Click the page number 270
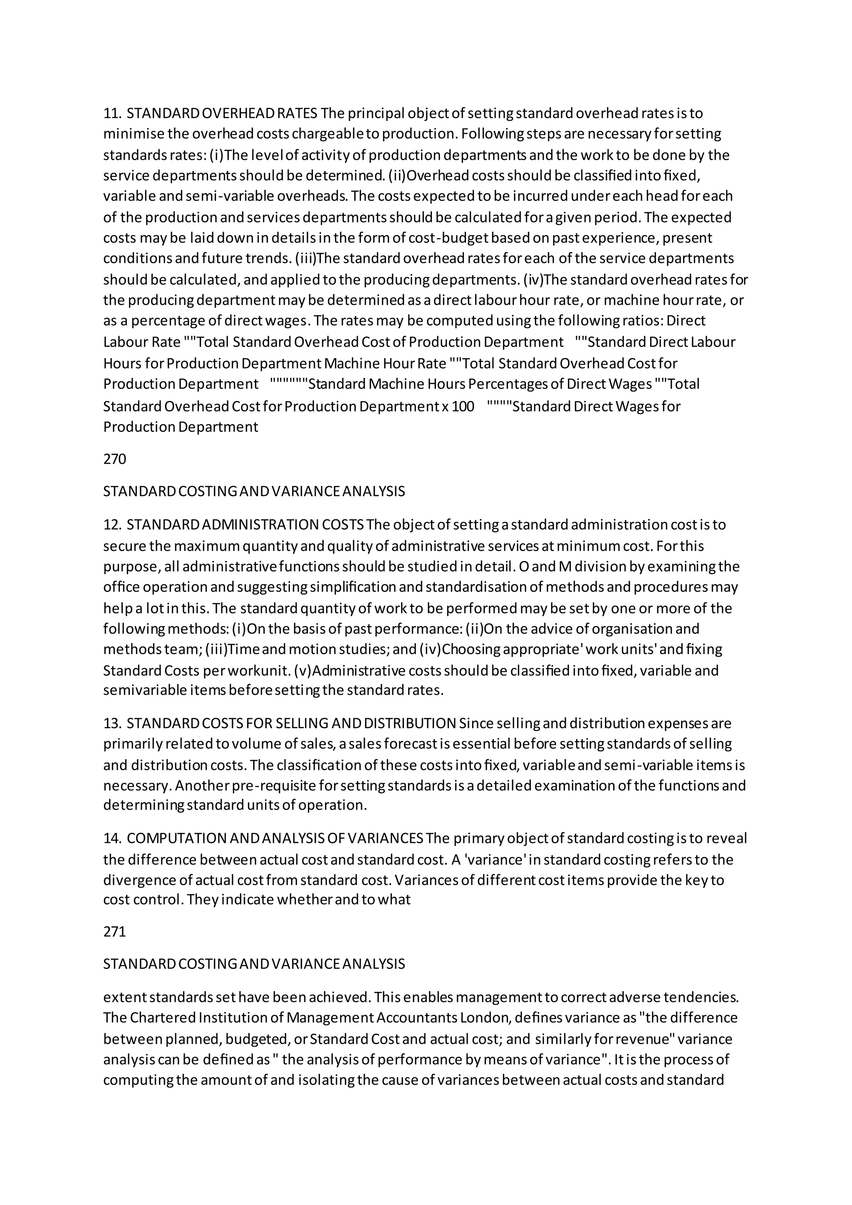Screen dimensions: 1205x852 coord(114,459)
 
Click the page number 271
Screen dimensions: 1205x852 coord(114,932)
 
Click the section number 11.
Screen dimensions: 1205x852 coord(112,113)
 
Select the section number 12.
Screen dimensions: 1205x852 coord(112,525)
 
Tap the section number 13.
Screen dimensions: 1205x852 coord(112,723)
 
